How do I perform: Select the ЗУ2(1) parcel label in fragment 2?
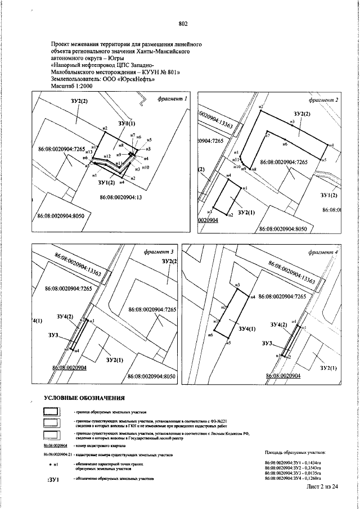click(x=246, y=213)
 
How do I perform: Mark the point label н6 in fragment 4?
click(x=209, y=335)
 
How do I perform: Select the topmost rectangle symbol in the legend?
click(x=51, y=413)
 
